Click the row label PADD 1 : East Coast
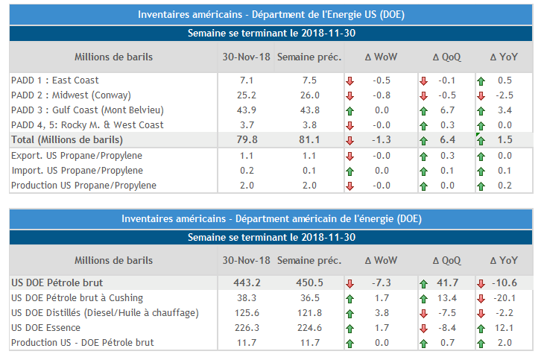[x=55, y=80]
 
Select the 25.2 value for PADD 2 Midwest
[x=246, y=95]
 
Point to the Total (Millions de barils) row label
[x=67, y=139]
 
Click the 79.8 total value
[x=246, y=139]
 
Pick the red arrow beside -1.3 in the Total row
[x=350, y=140]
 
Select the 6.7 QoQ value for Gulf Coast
[x=448, y=110]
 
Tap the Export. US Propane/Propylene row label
[x=77, y=156]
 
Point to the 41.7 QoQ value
[x=447, y=283]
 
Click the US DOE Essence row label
[x=46, y=328]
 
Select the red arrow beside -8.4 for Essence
[x=424, y=328]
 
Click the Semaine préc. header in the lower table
[x=309, y=261]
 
